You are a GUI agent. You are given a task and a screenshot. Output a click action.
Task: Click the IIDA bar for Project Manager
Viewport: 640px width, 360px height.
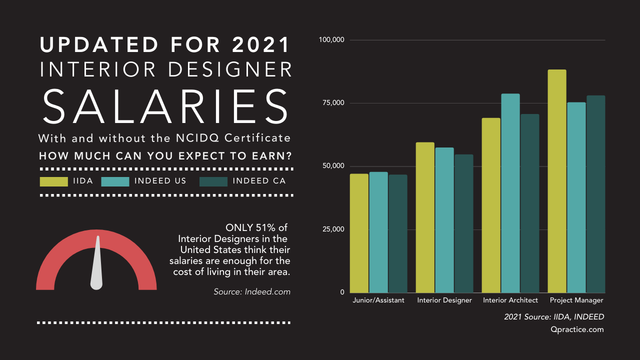[557, 181]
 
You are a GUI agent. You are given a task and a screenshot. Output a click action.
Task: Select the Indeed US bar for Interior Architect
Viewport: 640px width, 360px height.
[510, 193]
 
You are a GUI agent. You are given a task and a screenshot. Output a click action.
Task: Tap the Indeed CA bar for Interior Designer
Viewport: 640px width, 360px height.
[463, 223]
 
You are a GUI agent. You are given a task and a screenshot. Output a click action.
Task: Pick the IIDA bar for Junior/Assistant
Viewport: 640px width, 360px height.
[359, 233]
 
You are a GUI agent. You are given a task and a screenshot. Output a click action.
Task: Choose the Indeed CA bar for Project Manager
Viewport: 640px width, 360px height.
[595, 194]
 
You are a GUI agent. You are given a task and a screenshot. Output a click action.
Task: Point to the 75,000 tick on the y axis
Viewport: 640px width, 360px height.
[333, 103]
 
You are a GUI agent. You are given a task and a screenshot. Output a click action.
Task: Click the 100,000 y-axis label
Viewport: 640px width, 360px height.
[331, 39]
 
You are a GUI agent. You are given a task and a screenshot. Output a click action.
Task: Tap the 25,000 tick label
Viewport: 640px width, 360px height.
[333, 229]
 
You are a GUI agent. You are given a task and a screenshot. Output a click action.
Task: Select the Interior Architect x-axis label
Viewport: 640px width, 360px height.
[510, 300]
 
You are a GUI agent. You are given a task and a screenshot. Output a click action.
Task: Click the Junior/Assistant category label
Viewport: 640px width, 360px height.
[378, 300]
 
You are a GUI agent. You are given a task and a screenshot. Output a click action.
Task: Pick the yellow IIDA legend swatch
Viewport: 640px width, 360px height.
[53, 181]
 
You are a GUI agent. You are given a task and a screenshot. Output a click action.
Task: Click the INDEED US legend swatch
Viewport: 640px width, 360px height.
[115, 181]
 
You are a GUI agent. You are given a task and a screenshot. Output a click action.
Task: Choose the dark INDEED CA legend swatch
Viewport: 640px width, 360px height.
[213, 181]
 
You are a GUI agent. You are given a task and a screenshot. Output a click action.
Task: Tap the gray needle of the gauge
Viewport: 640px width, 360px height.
[97, 265]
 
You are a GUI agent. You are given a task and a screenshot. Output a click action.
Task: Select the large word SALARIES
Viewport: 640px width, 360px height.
[165, 106]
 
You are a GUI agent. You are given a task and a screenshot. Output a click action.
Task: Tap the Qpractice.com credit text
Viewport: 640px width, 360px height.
[577, 329]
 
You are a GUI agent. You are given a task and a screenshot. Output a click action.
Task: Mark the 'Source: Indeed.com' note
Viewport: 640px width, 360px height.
[252, 291]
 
